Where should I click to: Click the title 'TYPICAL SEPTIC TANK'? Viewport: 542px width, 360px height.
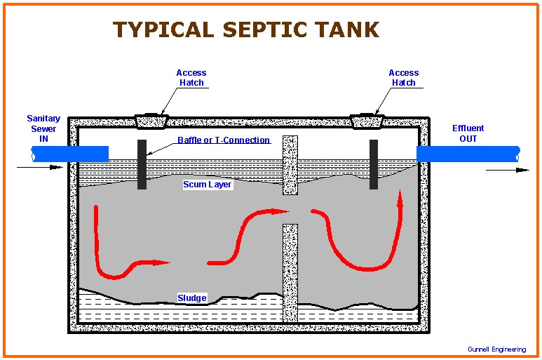[x=246, y=29]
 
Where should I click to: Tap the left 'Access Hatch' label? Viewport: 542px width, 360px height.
[x=191, y=77]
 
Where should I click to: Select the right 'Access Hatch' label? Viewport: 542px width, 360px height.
[x=403, y=77]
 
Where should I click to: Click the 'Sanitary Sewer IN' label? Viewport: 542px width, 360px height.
[x=43, y=128]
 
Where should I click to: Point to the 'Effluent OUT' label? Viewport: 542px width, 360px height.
[x=468, y=133]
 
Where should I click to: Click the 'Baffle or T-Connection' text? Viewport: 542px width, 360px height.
[x=224, y=140]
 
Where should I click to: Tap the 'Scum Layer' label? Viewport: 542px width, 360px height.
[x=207, y=185]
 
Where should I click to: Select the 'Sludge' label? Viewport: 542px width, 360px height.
[x=191, y=298]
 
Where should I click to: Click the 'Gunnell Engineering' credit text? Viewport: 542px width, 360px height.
[x=496, y=349]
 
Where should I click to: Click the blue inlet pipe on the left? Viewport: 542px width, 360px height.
[x=70, y=153]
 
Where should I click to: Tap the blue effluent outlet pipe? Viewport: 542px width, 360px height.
[x=468, y=153]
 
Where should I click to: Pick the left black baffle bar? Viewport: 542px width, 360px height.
[x=142, y=164]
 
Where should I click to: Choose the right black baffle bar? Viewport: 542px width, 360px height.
[x=374, y=164]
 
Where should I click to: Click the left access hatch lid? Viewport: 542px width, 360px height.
[x=151, y=121]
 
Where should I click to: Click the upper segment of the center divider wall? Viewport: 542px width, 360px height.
[x=290, y=164]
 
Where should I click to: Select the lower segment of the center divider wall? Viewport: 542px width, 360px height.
[x=290, y=272]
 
